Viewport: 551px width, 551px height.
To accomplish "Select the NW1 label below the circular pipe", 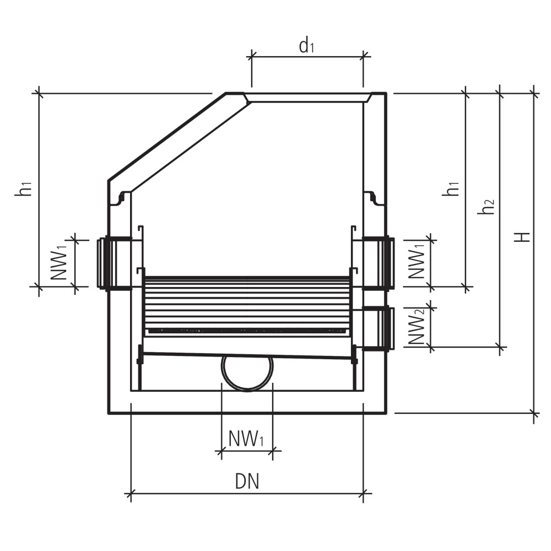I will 246,440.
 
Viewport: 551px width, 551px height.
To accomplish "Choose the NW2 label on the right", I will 418,326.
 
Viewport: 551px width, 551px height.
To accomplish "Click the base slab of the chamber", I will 247,402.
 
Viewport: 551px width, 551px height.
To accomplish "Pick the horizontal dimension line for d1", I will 307,56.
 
